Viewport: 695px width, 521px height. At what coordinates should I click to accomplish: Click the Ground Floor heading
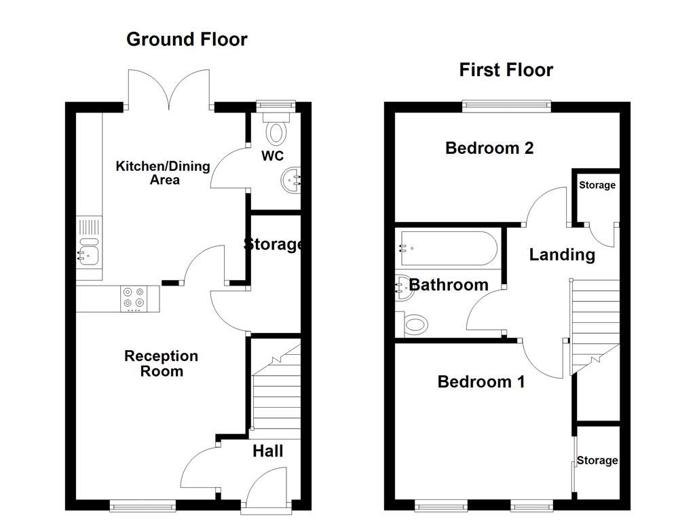point(187,39)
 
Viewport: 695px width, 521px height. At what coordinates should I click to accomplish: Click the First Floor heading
point(506,70)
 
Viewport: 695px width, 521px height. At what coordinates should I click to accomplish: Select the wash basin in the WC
point(292,180)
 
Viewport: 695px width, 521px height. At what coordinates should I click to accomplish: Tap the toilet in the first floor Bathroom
point(414,324)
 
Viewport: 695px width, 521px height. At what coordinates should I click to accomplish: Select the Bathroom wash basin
point(402,286)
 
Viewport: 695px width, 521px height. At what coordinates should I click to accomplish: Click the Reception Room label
point(162,364)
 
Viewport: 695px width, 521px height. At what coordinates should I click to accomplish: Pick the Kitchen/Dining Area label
point(163,173)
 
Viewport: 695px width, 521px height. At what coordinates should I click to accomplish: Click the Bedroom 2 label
point(489,148)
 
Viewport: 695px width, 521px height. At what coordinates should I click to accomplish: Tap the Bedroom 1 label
point(481,382)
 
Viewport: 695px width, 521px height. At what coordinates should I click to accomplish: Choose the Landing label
point(562,255)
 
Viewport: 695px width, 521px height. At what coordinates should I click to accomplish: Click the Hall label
point(267,451)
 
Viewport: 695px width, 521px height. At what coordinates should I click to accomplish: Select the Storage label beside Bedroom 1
point(597,461)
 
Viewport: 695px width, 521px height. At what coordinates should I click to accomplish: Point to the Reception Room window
point(143,505)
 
